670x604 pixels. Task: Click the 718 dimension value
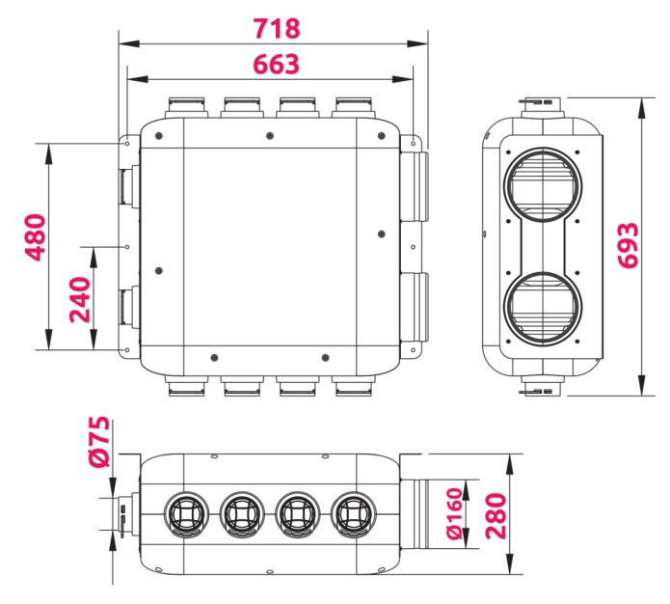point(277,27)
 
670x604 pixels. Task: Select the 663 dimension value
point(276,64)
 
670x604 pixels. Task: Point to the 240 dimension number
point(79,300)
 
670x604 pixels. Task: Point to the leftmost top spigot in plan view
point(184,105)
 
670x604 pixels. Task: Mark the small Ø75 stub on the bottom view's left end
point(126,512)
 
